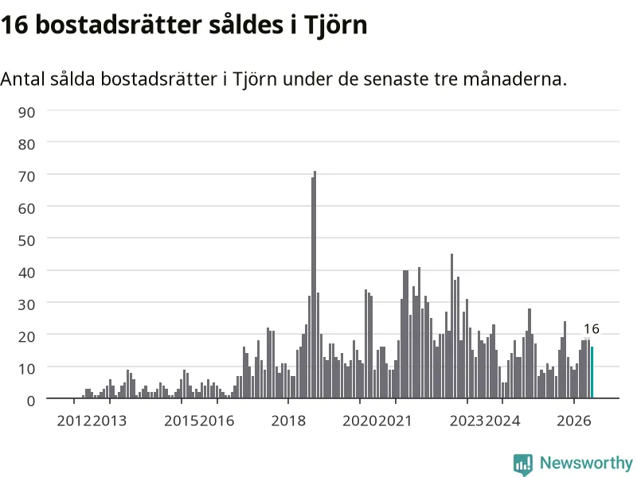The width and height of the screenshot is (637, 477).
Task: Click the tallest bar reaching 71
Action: tap(315, 285)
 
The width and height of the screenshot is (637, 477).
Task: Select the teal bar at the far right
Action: tap(592, 372)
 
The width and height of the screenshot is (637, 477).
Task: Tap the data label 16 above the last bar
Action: tap(592, 328)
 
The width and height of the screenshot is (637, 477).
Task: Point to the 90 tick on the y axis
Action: tap(26, 112)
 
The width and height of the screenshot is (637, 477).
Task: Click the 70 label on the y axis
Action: tap(26, 176)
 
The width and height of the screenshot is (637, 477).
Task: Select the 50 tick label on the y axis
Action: tap(26, 241)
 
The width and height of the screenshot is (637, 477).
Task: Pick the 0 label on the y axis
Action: tap(31, 401)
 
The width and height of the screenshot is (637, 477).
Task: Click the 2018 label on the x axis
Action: tap(288, 421)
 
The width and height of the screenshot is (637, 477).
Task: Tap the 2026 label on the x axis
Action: tap(573, 421)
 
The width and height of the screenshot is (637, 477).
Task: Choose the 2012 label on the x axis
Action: tap(74, 421)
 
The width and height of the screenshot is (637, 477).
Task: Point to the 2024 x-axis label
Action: tap(503, 421)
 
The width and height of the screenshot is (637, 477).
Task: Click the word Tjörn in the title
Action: tap(335, 25)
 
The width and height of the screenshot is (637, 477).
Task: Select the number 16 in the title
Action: tap(14, 25)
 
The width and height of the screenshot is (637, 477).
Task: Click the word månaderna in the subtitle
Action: tap(514, 79)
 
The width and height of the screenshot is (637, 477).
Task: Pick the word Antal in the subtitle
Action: tap(22, 79)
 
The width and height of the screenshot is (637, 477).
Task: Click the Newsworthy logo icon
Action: tap(523, 464)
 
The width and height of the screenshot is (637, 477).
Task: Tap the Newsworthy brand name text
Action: tap(586, 463)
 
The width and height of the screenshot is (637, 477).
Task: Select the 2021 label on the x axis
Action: tap(395, 421)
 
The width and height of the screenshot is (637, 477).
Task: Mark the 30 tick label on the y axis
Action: tap(26, 304)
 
